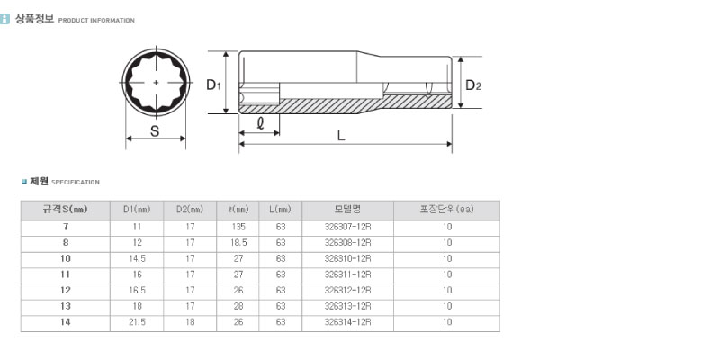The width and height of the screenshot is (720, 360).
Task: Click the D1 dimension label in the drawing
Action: click(213, 85)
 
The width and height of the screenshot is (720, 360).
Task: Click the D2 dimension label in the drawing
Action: click(473, 85)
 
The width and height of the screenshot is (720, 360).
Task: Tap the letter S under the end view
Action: click(155, 131)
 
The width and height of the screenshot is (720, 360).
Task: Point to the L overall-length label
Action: click(341, 136)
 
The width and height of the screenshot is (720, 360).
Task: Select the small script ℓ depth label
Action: click(260, 124)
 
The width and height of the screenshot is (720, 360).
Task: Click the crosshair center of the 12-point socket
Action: click(156, 83)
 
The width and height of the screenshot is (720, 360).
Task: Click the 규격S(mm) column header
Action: click(65, 210)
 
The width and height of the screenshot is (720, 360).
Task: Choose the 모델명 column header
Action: click(347, 210)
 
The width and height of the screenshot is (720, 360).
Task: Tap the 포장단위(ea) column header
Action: click(446, 210)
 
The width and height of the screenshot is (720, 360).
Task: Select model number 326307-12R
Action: click(347, 227)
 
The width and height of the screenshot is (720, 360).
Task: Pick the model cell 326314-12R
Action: click(347, 322)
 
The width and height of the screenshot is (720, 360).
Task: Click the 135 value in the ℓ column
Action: click(238, 227)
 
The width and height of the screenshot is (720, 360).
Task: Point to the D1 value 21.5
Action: click(138, 322)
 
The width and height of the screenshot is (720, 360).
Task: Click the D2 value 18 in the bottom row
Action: click(190, 322)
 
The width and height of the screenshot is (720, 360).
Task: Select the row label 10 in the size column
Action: click(66, 258)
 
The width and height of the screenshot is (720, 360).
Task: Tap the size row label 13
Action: click(66, 306)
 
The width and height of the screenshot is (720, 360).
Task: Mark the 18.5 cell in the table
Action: click(238, 242)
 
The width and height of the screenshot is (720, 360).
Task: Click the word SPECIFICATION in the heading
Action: click(76, 183)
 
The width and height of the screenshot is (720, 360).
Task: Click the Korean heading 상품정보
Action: click(34, 19)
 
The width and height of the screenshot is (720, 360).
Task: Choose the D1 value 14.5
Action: click(138, 258)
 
